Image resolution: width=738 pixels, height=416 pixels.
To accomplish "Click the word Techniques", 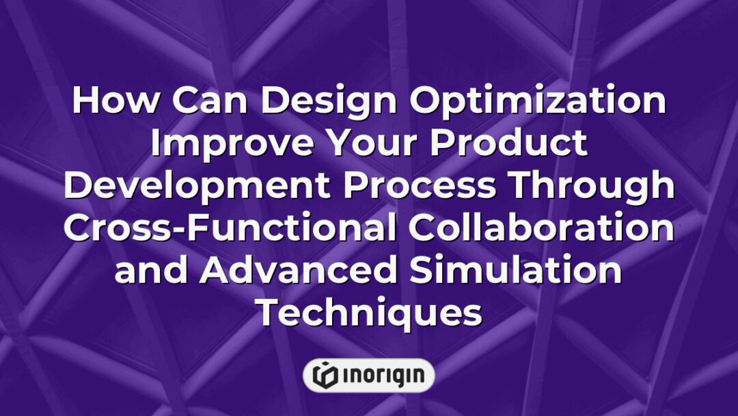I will tap(369, 314).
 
